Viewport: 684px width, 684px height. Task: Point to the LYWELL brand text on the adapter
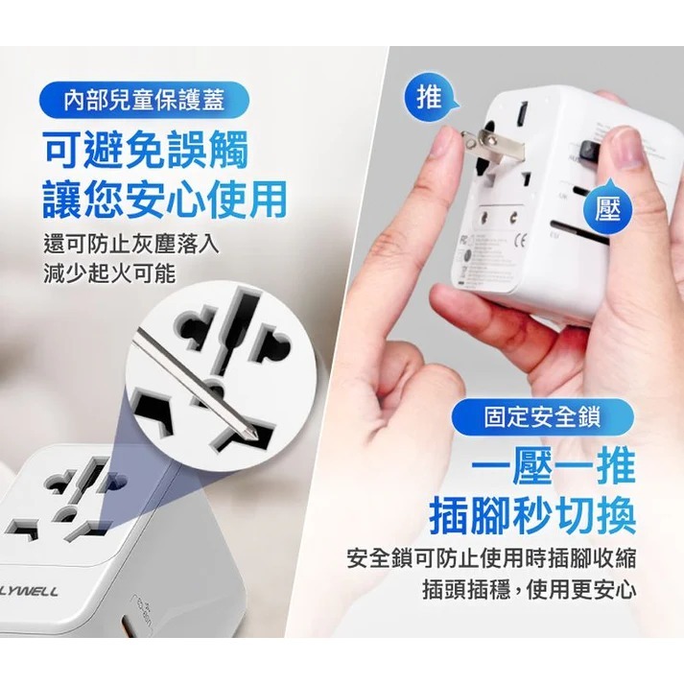click(x=29, y=591)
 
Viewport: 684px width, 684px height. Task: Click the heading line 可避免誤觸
click(x=145, y=150)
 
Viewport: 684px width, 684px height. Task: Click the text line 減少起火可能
click(x=109, y=272)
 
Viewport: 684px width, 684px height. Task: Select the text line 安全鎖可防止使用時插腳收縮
click(x=493, y=557)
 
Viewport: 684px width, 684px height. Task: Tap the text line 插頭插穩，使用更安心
click(x=529, y=588)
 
